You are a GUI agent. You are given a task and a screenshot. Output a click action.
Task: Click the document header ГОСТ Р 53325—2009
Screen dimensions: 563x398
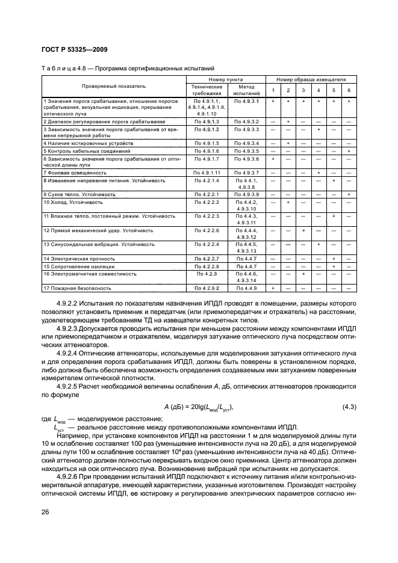75,49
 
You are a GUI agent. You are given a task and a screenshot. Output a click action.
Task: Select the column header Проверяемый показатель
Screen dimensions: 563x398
114,86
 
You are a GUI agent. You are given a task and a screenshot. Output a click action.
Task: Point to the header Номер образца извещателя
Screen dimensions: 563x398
311,79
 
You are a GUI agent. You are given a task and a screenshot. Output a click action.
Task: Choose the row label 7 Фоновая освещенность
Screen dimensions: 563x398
75,172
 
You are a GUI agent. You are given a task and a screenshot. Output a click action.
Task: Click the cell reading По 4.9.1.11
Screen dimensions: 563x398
207,172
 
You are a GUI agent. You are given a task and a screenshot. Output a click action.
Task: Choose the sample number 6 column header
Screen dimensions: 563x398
349,90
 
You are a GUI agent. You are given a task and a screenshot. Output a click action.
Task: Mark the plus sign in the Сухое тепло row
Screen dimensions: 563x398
349,195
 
